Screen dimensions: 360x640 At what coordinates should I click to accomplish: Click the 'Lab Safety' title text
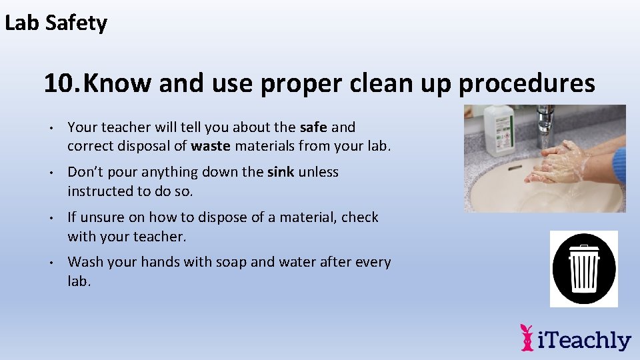point(56,23)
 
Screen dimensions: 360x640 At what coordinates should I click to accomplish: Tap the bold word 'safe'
point(313,127)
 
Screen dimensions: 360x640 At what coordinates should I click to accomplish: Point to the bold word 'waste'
point(211,145)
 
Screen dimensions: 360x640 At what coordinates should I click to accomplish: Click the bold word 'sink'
point(280,172)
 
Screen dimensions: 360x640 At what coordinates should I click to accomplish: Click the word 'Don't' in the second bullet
point(85,172)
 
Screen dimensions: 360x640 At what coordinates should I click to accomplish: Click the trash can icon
point(584,269)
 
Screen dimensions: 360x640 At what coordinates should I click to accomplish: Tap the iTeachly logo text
point(585,340)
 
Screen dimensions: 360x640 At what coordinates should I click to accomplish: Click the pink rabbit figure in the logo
point(527,337)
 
